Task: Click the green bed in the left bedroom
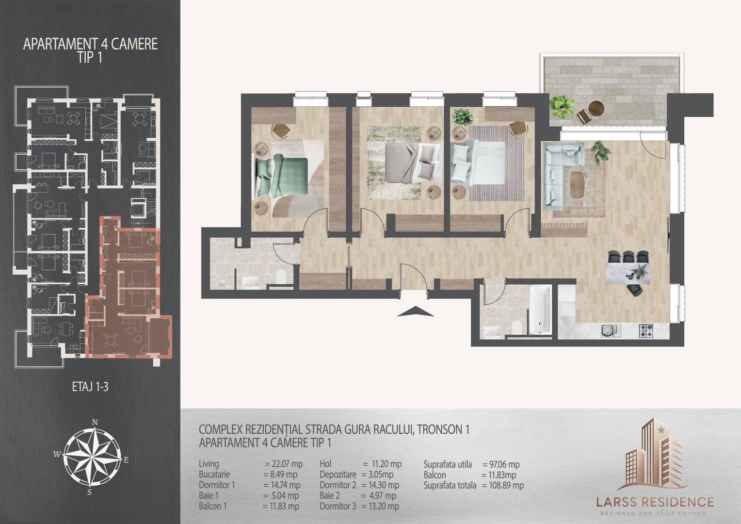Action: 281,177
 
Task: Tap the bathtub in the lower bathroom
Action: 540,309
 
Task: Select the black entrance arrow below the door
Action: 415,311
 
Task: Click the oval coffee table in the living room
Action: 578,184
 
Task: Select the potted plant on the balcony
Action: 562,107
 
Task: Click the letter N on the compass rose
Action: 95,422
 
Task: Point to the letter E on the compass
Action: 126,460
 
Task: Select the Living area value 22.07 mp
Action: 284,464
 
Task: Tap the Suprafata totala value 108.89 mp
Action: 503,486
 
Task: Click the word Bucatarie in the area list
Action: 214,475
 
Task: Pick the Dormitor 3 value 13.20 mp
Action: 380,506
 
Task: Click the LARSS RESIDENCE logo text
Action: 655,502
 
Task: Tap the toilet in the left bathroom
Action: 281,277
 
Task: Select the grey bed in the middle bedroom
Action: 414,163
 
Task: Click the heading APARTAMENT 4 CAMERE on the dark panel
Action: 90,44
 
